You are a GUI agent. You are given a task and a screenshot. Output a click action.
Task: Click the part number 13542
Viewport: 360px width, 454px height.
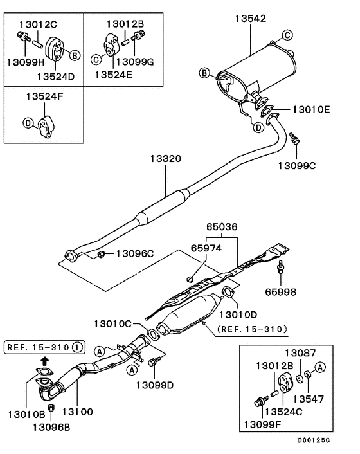click(x=249, y=19)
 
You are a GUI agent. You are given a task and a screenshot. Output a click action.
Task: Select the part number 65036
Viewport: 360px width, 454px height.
click(x=221, y=226)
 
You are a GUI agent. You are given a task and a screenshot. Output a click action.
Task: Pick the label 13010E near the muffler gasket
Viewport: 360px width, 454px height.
click(x=312, y=110)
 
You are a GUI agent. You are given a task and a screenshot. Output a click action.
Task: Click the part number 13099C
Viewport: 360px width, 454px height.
click(x=297, y=165)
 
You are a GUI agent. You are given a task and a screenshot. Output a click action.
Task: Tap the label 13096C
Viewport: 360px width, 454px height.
click(x=135, y=255)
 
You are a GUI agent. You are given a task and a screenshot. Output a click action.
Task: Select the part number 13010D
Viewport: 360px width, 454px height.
click(x=238, y=315)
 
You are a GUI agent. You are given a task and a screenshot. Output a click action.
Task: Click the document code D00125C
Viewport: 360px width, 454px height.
click(x=313, y=441)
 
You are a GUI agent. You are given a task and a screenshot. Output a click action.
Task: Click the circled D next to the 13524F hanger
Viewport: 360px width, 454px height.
click(x=28, y=122)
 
